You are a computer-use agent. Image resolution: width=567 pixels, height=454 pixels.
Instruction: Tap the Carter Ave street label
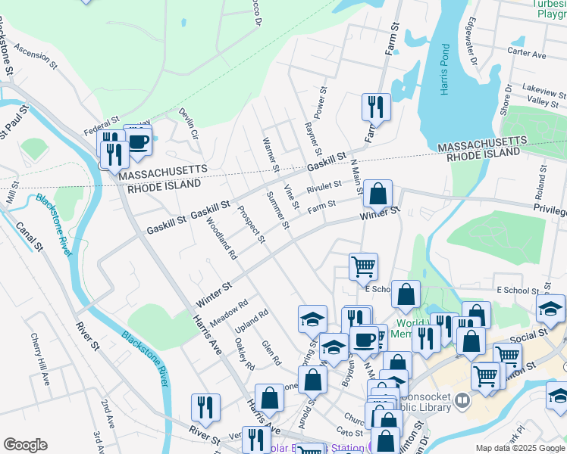[x=527, y=54]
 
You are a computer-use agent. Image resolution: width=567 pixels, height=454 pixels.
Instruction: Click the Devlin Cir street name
[x=188, y=124]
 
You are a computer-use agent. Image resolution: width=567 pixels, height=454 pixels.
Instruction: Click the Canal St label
[x=30, y=233]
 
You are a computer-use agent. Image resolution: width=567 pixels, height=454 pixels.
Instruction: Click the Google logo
[x=25, y=445]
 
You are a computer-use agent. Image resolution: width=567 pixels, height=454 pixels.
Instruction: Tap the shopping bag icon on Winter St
[x=377, y=194]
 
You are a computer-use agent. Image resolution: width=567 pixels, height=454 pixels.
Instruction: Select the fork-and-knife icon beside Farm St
[x=375, y=107]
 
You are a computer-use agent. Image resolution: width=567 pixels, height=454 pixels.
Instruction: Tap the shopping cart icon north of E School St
[x=363, y=266]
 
